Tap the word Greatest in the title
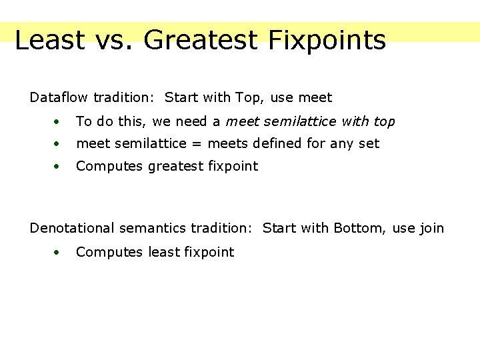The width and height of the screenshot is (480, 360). tap(199, 40)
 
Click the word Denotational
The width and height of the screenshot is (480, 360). tap(72, 229)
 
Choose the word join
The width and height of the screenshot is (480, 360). tap(430, 229)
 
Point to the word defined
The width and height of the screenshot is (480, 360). tap(273, 143)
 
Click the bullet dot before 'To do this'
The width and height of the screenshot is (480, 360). tap(59, 122)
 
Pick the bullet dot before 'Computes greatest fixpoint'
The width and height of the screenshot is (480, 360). tap(59, 167)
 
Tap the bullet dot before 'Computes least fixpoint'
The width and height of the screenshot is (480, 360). tap(59, 252)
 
